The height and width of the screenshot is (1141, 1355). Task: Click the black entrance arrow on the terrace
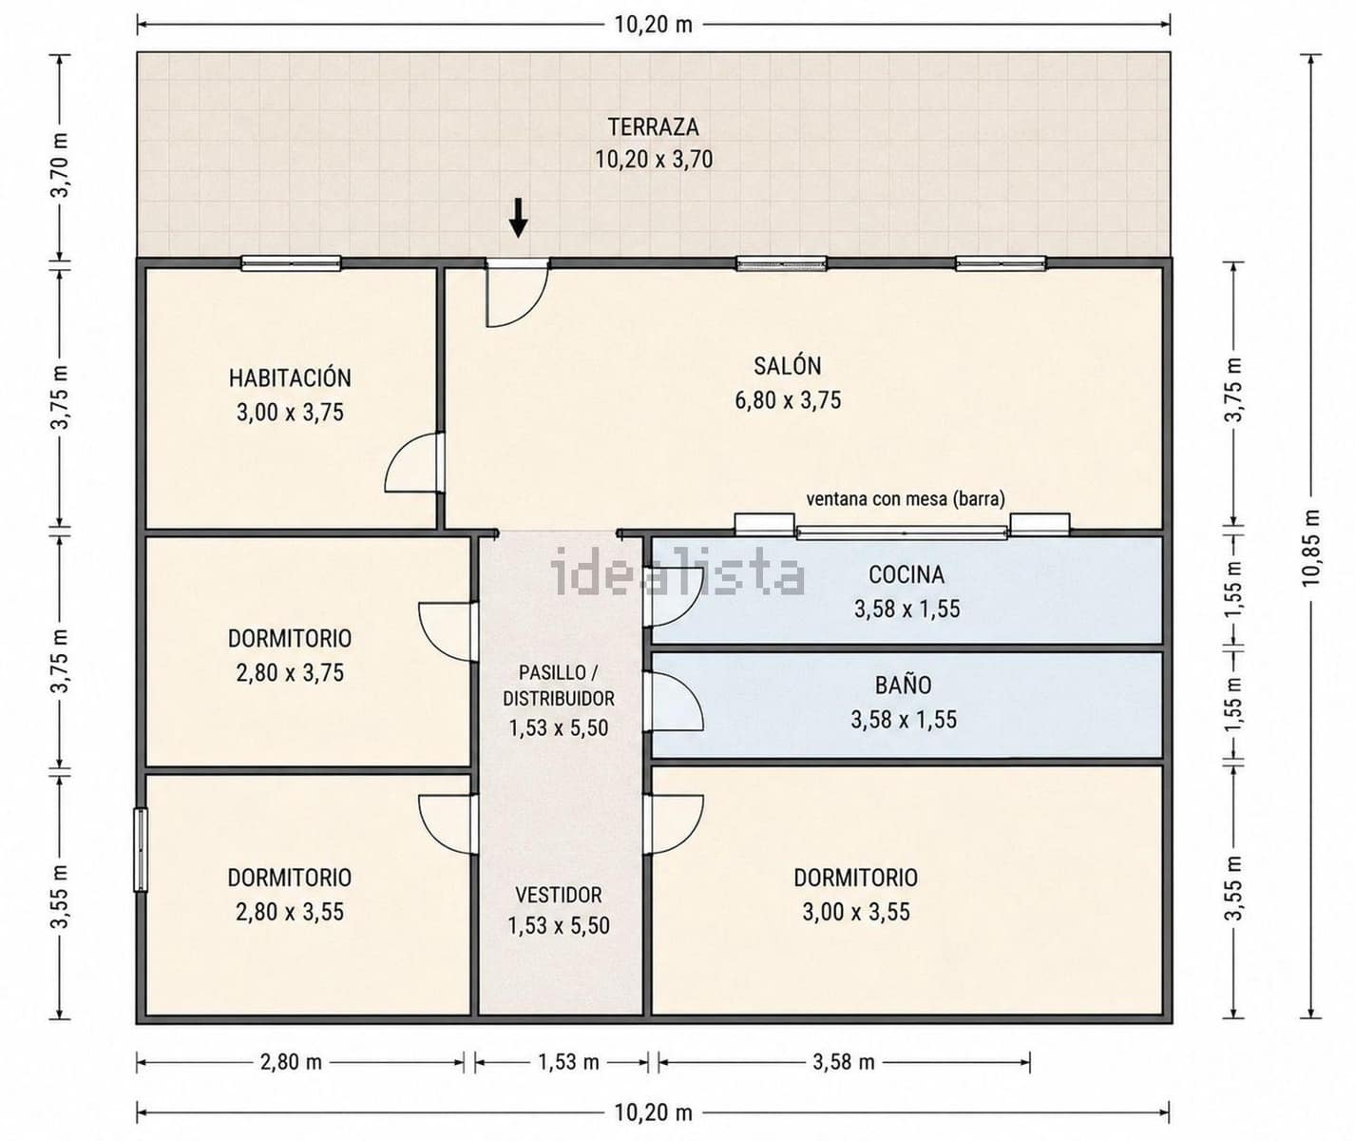coord(518,218)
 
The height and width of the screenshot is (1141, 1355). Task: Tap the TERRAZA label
coord(653,126)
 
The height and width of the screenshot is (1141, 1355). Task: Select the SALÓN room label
coord(787,366)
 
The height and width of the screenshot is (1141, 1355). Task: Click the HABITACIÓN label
coord(290,377)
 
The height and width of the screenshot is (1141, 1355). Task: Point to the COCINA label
coord(906,574)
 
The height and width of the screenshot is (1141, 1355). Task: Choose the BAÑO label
coord(904,685)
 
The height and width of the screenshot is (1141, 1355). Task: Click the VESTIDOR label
coord(558,895)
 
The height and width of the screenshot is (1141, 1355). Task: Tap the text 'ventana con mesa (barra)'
coord(906,499)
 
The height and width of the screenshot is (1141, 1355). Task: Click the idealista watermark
coord(677,571)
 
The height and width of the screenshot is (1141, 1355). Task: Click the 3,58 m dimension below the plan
coord(844,1062)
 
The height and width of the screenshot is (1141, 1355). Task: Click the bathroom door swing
coord(674,701)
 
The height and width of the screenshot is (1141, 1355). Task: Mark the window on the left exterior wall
coord(141,849)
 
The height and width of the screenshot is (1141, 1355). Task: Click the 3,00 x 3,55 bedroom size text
coord(856,912)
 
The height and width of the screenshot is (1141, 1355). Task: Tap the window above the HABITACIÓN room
coord(291,263)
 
